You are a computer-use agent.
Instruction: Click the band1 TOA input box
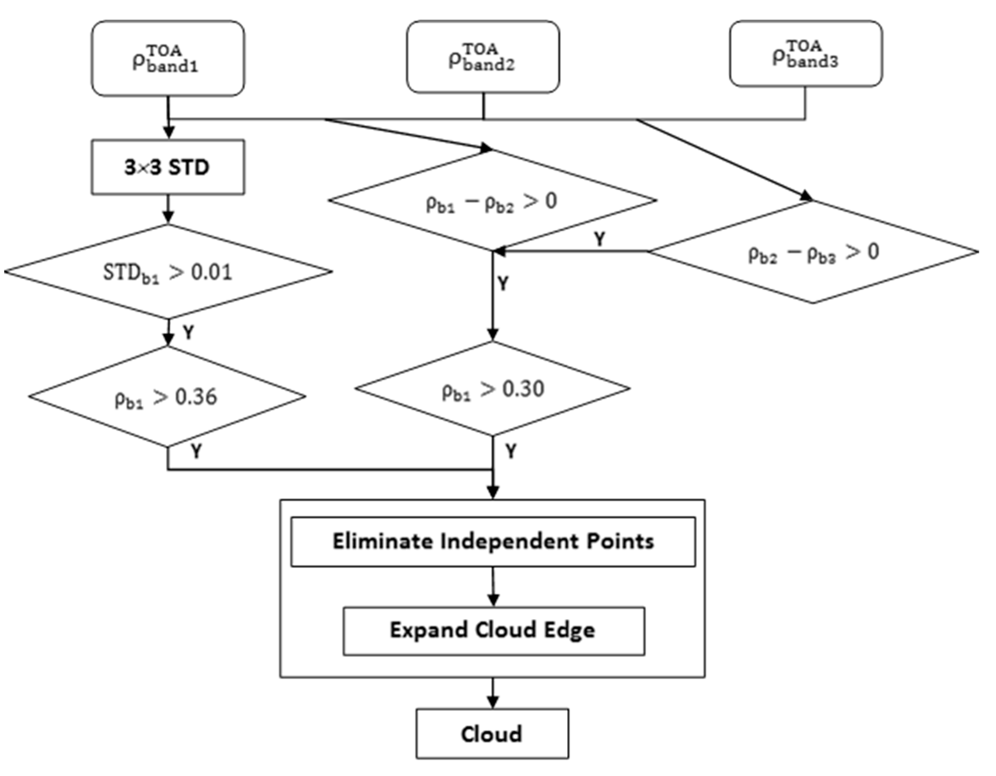tap(167, 58)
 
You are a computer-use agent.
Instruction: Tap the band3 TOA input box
tap(805, 54)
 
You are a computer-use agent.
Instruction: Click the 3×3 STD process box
tap(167, 167)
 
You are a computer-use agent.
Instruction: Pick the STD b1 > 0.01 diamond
tap(167, 272)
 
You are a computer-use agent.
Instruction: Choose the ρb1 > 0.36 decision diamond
tap(166, 396)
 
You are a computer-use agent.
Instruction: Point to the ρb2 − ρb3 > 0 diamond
tap(813, 252)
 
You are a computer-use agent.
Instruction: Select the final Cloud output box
tap(492, 734)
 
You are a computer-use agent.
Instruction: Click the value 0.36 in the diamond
tap(196, 396)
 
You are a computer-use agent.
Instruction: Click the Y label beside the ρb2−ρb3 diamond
tap(600, 238)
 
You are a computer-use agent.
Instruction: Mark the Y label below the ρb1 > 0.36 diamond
tap(196, 451)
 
